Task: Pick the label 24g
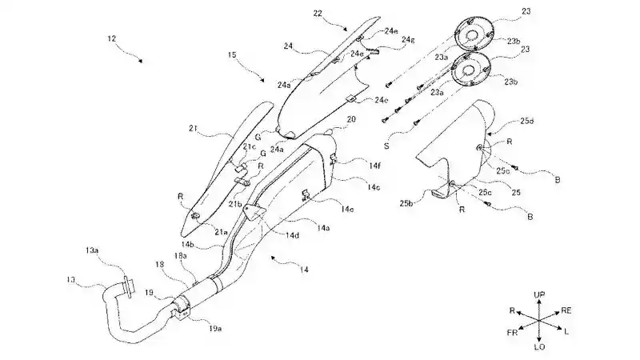click(386, 39)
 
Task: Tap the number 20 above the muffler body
click(350, 118)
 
